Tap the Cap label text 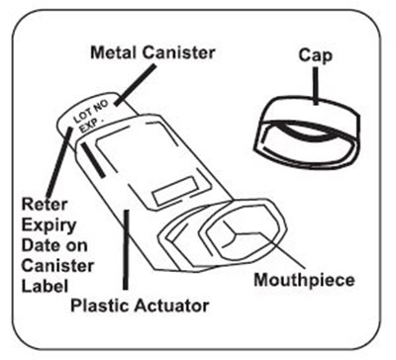[315, 55]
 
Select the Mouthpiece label [304, 280]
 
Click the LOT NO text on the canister [90, 112]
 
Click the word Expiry [49, 226]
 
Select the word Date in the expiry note [35, 245]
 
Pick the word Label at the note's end [45, 286]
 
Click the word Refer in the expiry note [45, 205]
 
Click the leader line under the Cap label [316, 86]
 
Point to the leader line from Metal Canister [135, 85]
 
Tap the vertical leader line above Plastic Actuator [125, 249]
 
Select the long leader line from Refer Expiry [59, 162]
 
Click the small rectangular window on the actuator [175, 191]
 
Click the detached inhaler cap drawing [307, 132]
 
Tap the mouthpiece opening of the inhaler [243, 235]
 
